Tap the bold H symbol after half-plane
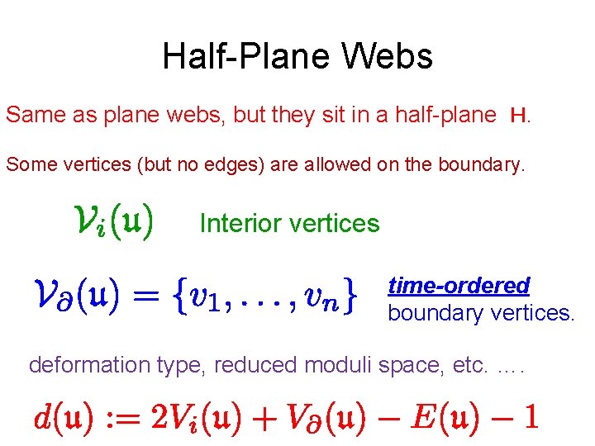520,116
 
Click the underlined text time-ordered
459,286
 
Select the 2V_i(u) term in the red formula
194,417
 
